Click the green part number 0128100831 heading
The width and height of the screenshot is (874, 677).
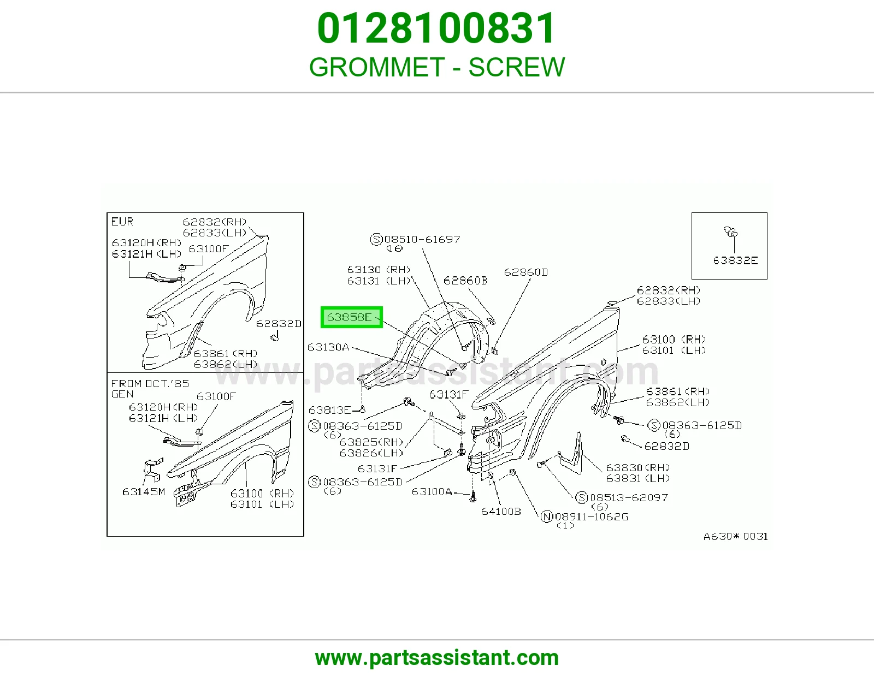click(x=436, y=28)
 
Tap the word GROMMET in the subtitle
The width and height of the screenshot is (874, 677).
click(x=377, y=67)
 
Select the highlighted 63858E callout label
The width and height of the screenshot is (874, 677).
click(x=351, y=317)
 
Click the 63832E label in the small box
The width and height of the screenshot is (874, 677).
click(x=735, y=260)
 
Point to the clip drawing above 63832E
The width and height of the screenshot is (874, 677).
click(x=730, y=232)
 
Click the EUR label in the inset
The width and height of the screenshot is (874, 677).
click(x=122, y=222)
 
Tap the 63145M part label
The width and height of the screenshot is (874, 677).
click(x=144, y=492)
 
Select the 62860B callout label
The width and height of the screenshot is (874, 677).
click(x=465, y=281)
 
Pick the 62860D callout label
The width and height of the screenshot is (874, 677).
click(x=525, y=272)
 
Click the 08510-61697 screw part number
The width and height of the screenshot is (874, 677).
click(x=422, y=239)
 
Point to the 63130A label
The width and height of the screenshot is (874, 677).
click(x=328, y=347)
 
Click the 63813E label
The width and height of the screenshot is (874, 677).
click(x=330, y=410)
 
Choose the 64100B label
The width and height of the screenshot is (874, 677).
click(x=501, y=512)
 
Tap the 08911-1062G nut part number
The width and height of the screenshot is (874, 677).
click(x=591, y=516)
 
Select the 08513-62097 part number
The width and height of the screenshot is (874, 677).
click(x=629, y=497)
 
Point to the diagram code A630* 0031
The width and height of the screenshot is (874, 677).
click(x=736, y=536)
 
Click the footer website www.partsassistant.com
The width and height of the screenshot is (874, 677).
click(x=437, y=658)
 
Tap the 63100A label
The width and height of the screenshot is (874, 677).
click(x=432, y=492)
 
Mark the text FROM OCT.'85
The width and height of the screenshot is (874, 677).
click(x=150, y=383)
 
